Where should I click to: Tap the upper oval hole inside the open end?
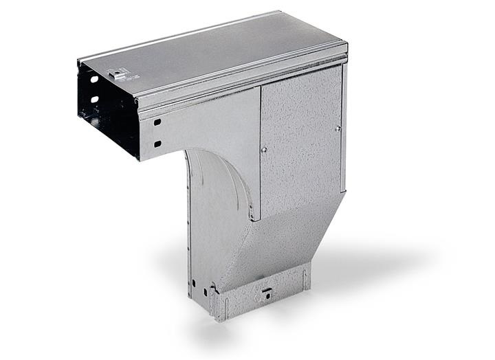click(x=94, y=80)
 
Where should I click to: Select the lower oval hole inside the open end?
click(x=94, y=100)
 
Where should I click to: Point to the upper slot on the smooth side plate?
click(x=157, y=122)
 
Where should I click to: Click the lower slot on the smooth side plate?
click(x=157, y=144)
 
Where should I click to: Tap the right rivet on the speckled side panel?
click(x=338, y=128)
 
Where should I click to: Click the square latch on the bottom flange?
click(x=265, y=297)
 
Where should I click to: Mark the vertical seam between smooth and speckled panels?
click(x=260, y=151)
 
